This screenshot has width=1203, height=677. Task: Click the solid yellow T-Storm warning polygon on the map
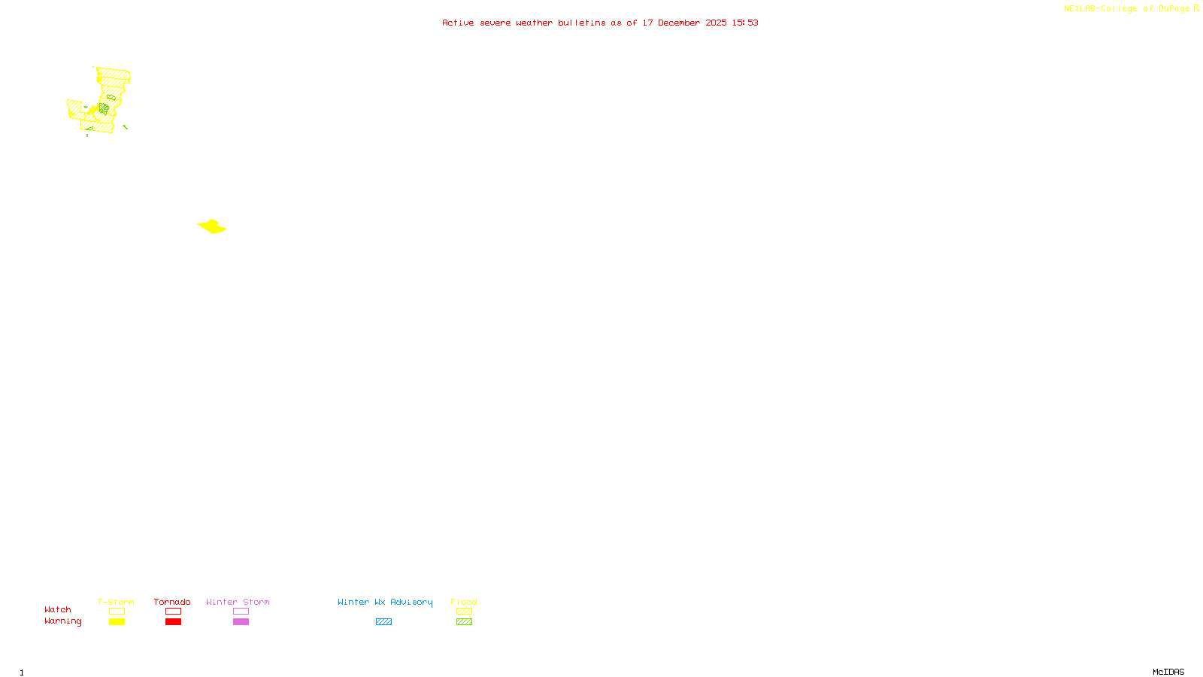click(212, 226)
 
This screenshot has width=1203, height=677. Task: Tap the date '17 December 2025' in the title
click(684, 23)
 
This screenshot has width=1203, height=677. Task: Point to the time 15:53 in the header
click(745, 23)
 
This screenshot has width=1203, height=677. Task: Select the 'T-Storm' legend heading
click(116, 602)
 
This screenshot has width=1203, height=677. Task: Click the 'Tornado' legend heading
click(172, 602)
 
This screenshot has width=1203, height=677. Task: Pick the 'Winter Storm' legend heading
click(238, 602)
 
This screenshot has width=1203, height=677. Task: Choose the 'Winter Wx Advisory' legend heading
click(385, 602)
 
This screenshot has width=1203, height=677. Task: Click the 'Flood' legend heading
click(464, 602)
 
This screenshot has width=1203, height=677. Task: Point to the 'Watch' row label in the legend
click(58, 609)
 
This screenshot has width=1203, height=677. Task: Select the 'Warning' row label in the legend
click(63, 621)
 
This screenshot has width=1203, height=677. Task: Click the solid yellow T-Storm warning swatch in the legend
click(117, 622)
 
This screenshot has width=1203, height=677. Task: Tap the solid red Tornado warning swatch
click(173, 622)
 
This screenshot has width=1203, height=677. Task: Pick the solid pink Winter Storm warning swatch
click(241, 622)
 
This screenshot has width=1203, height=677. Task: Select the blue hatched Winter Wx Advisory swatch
click(383, 622)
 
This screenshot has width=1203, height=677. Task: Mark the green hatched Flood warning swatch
click(464, 622)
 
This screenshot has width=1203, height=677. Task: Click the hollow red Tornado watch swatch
click(173, 612)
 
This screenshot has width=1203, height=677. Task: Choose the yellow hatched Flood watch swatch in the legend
click(464, 612)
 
